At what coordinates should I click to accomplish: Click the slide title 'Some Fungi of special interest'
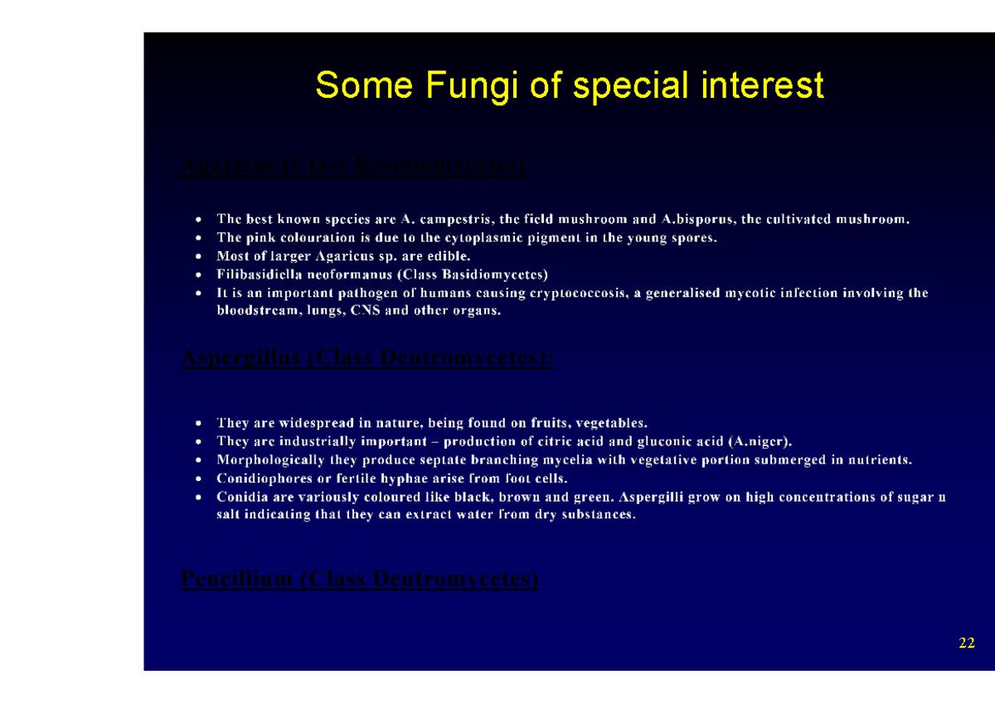pyautogui.click(x=570, y=85)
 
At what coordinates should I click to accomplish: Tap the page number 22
pyautogui.click(x=966, y=643)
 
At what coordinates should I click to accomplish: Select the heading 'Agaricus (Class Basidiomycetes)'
pyautogui.click(x=352, y=167)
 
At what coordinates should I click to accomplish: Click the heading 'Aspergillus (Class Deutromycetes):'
pyautogui.click(x=367, y=358)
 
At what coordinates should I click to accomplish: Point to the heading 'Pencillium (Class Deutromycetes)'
pyautogui.click(x=359, y=578)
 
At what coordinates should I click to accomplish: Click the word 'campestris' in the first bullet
pyautogui.click(x=455, y=220)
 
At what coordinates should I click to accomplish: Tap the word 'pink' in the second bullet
pyautogui.click(x=255, y=238)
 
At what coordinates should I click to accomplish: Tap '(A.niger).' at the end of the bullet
pyautogui.click(x=754, y=441)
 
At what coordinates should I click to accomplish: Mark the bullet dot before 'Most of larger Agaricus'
pyautogui.click(x=197, y=257)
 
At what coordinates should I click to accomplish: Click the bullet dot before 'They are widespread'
pyautogui.click(x=197, y=424)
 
